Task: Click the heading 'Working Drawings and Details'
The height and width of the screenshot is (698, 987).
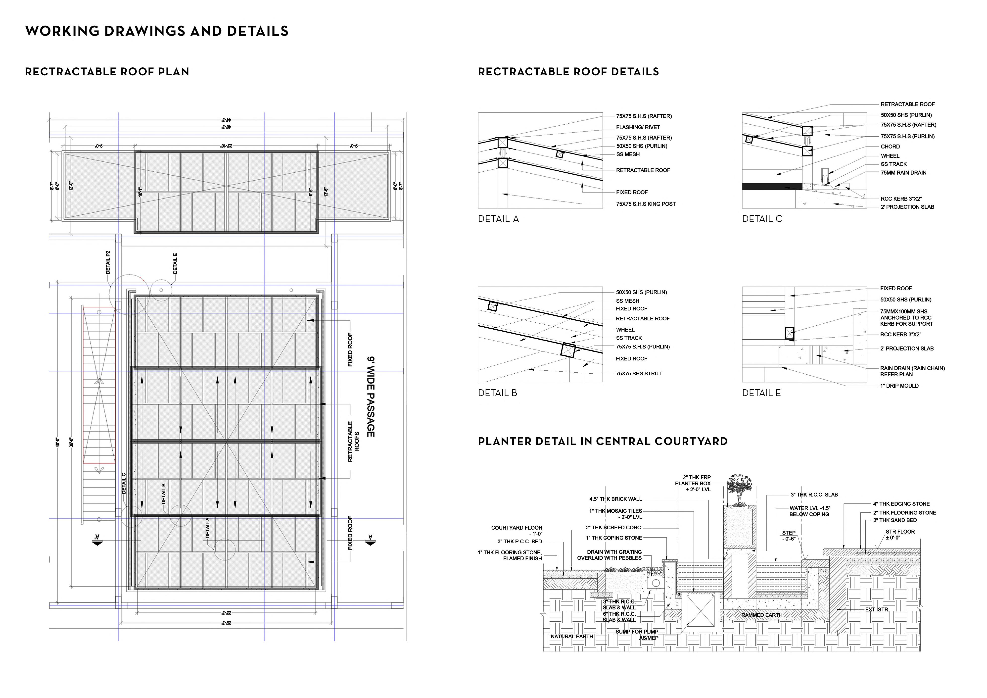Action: point(157,31)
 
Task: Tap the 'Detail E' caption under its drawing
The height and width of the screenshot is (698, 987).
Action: point(761,393)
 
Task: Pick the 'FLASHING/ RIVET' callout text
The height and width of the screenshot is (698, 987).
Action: point(638,127)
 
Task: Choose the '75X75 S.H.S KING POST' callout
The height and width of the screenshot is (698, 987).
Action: point(646,204)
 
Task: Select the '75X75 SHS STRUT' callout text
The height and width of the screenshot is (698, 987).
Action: point(639,373)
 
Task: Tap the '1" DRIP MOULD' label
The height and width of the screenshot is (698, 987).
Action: point(899,386)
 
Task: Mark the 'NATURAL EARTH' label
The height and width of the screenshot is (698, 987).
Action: point(572,637)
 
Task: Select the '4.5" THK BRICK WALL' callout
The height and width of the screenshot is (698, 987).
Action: point(615,499)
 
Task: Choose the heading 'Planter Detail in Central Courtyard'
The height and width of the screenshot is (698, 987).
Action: point(603,441)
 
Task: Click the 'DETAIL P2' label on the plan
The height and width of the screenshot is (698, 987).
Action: point(108,262)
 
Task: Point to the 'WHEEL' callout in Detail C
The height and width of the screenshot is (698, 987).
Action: point(890,156)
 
